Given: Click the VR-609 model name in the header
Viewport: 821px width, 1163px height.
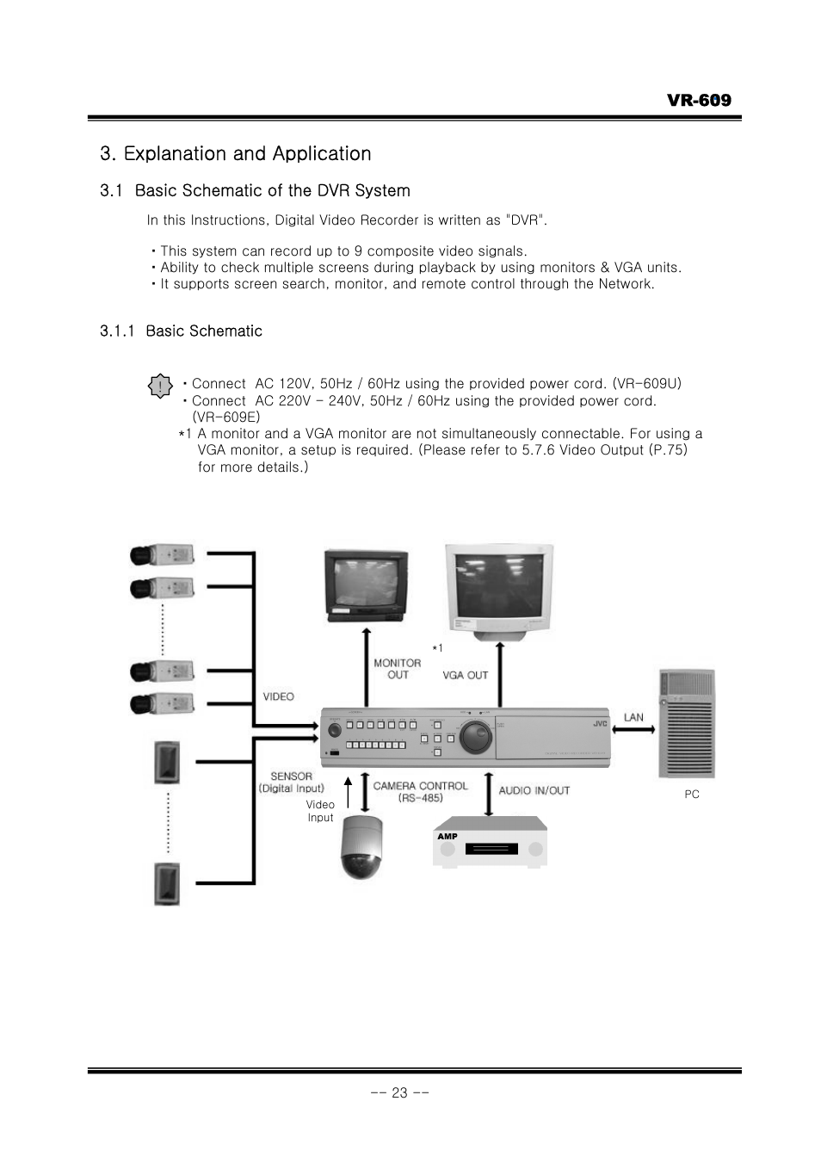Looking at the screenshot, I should pyautogui.click(x=698, y=100).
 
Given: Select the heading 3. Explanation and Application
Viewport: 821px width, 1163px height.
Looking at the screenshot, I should pyautogui.click(x=235, y=153).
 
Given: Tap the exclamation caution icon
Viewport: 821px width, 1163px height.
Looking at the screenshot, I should pyautogui.click(x=160, y=387).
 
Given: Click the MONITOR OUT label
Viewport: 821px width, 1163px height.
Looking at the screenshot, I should pyautogui.click(x=397, y=669).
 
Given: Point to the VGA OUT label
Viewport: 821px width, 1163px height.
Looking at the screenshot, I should pyautogui.click(x=465, y=675).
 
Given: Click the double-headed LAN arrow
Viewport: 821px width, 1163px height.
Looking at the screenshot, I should pyautogui.click(x=633, y=730).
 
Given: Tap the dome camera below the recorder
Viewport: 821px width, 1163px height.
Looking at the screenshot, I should pyautogui.click(x=361, y=848).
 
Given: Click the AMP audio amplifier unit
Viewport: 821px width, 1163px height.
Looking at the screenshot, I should pyautogui.click(x=490, y=844).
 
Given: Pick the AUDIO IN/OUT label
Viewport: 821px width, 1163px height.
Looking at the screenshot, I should pyautogui.click(x=534, y=790).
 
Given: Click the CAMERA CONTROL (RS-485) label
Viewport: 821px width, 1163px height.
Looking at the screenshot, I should pyautogui.click(x=420, y=791).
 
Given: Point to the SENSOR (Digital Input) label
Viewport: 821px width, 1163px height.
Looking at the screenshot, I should pyautogui.click(x=291, y=782).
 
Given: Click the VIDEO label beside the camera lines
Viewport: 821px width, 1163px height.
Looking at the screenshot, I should pyautogui.click(x=278, y=696).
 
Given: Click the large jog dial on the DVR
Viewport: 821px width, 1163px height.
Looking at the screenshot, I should pyautogui.click(x=475, y=736).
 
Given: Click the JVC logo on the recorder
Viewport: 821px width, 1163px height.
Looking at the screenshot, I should pyautogui.click(x=600, y=723).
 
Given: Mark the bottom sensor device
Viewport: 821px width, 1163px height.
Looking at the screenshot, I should pyautogui.click(x=167, y=883).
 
